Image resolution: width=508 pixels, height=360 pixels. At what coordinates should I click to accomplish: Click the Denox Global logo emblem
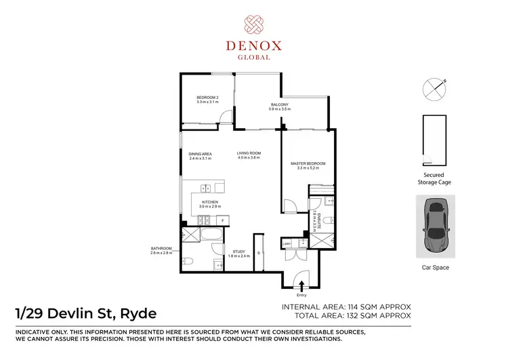pyautogui.click(x=253, y=23)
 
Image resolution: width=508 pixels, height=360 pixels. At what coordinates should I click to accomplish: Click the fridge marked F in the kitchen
pyautogui.click(x=223, y=221)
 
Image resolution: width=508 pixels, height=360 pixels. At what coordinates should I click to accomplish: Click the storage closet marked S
pyautogui.click(x=257, y=252)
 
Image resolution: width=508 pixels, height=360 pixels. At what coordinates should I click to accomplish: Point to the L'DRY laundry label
pyautogui.click(x=287, y=244)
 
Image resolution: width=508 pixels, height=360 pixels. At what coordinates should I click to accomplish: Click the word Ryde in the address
pyautogui.click(x=138, y=313)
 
